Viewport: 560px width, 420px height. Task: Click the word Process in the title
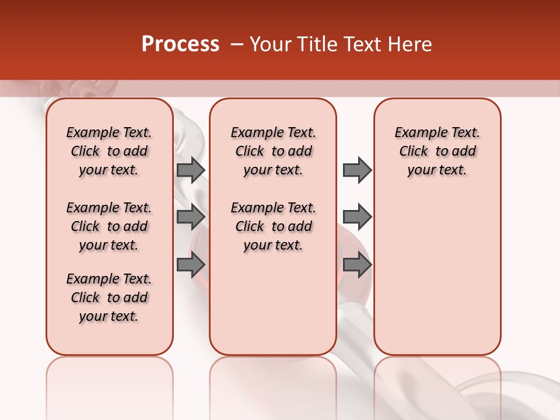click(x=180, y=44)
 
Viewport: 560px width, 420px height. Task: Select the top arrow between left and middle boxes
click(x=191, y=170)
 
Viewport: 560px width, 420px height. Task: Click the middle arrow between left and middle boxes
click(x=191, y=217)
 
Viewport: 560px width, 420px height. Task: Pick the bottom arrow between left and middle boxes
click(x=191, y=264)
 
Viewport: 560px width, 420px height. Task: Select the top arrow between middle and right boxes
click(x=357, y=170)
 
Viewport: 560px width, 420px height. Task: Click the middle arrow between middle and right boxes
click(x=357, y=217)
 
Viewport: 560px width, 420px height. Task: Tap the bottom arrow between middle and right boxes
click(x=357, y=264)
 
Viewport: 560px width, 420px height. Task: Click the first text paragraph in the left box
click(x=109, y=151)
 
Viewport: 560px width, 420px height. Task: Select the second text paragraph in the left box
click(x=109, y=226)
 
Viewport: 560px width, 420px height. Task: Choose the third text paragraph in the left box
click(x=109, y=297)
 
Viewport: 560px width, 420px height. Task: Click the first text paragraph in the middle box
click(x=273, y=151)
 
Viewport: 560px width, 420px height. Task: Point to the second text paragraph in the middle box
click(x=273, y=226)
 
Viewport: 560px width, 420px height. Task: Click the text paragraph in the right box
click(x=437, y=151)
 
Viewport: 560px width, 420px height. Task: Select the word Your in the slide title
click(x=270, y=44)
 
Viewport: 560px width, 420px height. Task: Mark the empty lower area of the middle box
click(x=273, y=309)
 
